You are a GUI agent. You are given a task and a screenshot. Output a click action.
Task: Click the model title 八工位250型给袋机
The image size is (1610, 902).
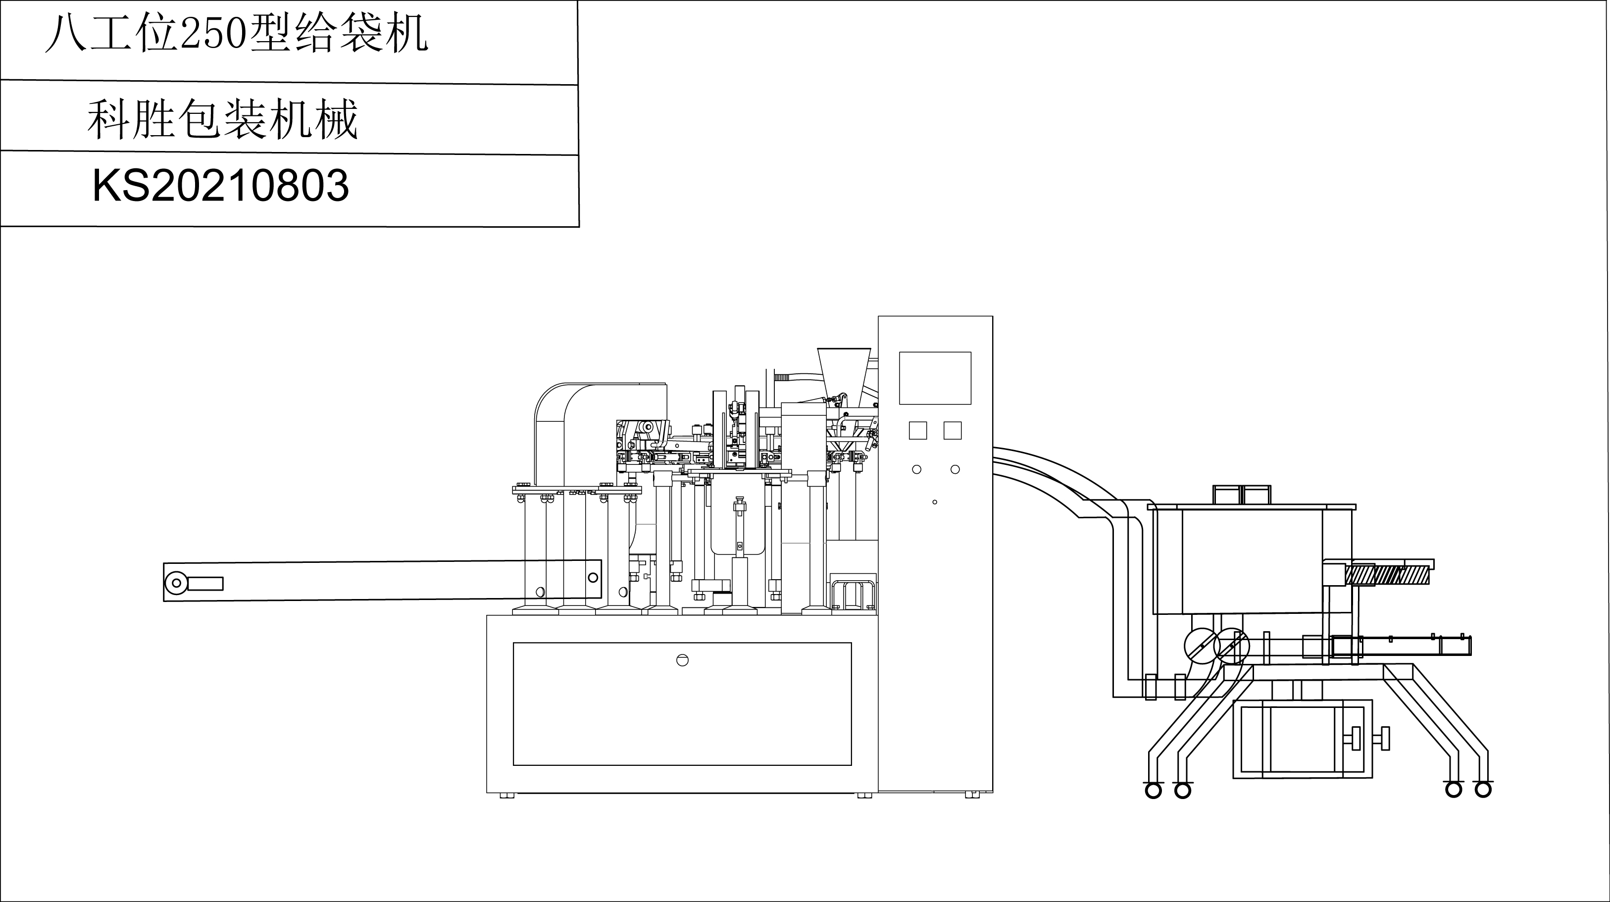pyautogui.click(x=236, y=34)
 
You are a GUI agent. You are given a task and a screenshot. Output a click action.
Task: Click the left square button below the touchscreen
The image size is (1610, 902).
pyautogui.click(x=917, y=430)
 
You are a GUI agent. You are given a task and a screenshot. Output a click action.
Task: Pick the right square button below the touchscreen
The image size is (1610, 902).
pyautogui.click(x=952, y=430)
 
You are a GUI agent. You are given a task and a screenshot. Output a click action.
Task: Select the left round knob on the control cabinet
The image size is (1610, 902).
pyautogui.click(x=916, y=469)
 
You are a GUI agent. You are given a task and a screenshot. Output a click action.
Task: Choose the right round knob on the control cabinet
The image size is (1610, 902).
pyautogui.click(x=955, y=469)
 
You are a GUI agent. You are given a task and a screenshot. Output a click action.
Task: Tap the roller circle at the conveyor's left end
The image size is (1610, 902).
pyautogui.click(x=176, y=583)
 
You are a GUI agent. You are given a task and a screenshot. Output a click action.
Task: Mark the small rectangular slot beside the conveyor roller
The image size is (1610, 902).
pyautogui.click(x=205, y=583)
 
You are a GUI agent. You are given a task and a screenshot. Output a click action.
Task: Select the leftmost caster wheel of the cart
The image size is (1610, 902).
pyautogui.click(x=1153, y=790)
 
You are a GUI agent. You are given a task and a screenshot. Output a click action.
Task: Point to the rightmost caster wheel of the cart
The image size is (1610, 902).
pyautogui.click(x=1482, y=790)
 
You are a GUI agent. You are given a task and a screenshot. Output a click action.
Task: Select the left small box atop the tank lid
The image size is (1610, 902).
pyautogui.click(x=1227, y=495)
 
